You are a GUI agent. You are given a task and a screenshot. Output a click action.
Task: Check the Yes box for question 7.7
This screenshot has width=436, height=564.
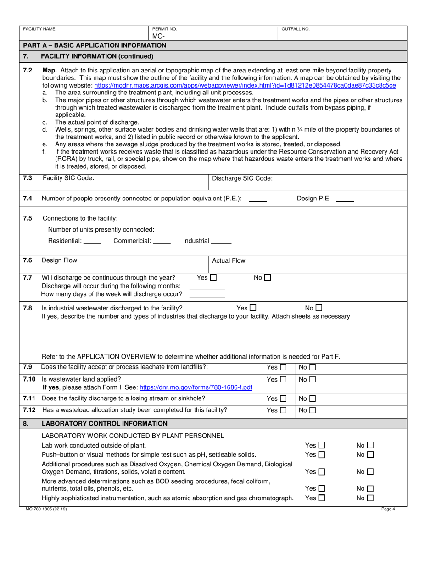(213, 277)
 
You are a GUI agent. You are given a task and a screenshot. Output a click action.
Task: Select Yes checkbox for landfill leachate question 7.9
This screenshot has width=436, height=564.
(283, 367)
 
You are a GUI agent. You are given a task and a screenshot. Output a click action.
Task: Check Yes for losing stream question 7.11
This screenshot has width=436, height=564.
(283, 398)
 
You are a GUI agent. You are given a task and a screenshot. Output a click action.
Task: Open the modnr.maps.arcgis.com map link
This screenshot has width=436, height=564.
(245, 85)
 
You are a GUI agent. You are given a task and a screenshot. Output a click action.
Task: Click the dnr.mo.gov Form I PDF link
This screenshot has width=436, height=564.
(196, 387)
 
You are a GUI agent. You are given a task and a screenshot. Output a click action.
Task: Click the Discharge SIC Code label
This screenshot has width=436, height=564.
(242, 178)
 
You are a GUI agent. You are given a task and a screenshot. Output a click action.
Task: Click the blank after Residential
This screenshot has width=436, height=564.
(93, 242)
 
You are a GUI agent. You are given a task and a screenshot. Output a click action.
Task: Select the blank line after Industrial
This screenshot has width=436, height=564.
(221, 242)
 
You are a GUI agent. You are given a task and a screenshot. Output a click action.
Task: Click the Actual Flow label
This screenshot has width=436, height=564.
(229, 260)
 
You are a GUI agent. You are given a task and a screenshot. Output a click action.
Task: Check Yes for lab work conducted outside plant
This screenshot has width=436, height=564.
(321, 445)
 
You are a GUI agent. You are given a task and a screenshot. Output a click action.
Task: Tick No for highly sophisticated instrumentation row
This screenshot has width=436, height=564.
(370, 498)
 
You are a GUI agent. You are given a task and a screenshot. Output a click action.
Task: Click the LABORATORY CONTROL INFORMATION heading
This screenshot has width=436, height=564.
(104, 423)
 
